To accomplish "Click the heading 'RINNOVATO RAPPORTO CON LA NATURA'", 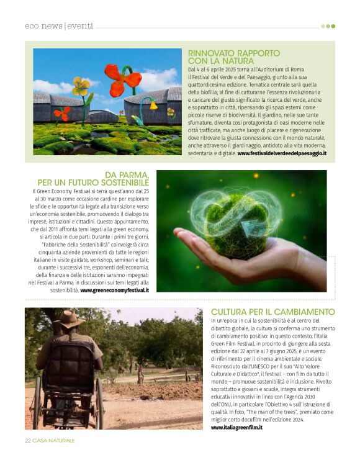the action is (233, 57).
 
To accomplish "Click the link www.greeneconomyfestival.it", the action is (114, 290).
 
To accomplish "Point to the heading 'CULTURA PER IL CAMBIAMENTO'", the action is (272, 312).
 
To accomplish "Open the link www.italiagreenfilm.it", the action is (236, 428).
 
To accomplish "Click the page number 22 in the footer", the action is (28, 441).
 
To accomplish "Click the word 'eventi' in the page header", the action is (80, 26).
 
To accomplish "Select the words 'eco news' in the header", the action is (43, 26).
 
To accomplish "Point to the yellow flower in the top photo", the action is (81, 86).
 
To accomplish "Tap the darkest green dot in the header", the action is (333, 26).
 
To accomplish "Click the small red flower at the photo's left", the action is (61, 114).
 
